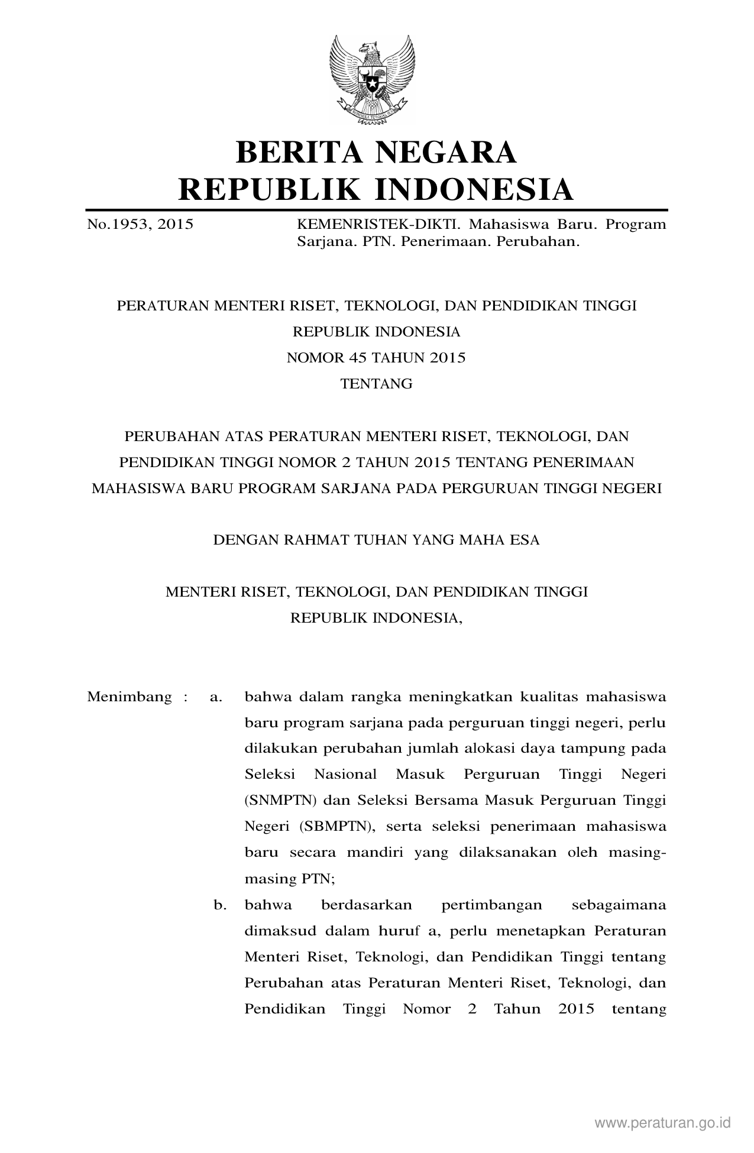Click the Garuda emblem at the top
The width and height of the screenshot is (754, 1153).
point(377,78)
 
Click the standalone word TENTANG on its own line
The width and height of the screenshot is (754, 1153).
point(377,384)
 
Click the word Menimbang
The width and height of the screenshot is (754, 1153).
point(130,697)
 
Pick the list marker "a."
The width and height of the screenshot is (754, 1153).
point(216,697)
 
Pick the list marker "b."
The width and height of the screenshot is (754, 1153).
point(220,905)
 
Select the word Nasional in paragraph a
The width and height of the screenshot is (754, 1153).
point(345,775)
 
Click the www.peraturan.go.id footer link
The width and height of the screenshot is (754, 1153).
point(663,1122)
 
